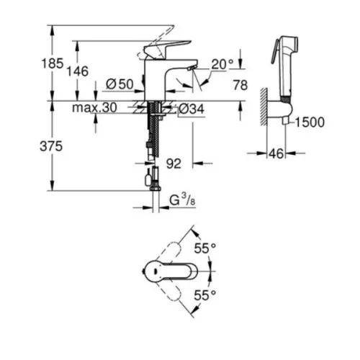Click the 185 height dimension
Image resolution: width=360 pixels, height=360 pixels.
(x=53, y=63)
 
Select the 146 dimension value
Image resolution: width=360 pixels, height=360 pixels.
(x=77, y=71)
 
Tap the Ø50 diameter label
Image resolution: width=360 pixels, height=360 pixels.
(x=120, y=84)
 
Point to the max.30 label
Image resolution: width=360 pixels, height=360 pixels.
(x=94, y=107)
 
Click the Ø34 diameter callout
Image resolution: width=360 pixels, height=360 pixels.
(x=192, y=109)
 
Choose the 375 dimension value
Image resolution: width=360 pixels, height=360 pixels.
(x=51, y=146)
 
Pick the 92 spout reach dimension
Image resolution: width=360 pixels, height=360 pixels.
(x=174, y=163)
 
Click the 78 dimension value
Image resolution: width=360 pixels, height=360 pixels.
(x=240, y=85)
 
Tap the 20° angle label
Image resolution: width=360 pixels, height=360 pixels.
(x=222, y=64)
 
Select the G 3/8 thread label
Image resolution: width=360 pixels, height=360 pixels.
(x=182, y=200)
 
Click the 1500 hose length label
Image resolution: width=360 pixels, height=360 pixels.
(x=310, y=122)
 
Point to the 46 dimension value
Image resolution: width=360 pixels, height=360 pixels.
(x=276, y=153)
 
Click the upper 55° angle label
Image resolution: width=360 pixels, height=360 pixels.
(x=205, y=248)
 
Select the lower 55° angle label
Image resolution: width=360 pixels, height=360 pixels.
(x=205, y=295)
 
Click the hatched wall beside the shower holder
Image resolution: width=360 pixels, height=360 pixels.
(x=264, y=107)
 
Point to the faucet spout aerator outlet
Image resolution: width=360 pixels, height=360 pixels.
(x=192, y=68)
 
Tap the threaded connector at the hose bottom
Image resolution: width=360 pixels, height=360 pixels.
(x=156, y=186)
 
